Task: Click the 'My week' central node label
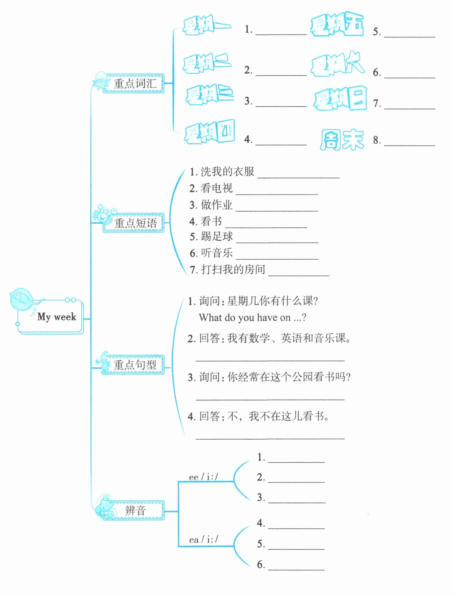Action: (56, 317)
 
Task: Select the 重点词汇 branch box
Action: (135, 83)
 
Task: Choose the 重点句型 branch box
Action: (135, 365)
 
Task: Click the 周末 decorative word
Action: (342, 140)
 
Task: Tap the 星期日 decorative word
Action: (340, 99)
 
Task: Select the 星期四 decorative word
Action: (209, 132)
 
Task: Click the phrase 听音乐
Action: (217, 253)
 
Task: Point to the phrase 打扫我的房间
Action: (233, 269)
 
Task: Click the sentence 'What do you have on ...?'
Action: (253, 318)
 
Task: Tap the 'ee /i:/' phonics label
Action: (203, 477)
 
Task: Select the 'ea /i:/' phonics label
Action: (203, 540)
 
